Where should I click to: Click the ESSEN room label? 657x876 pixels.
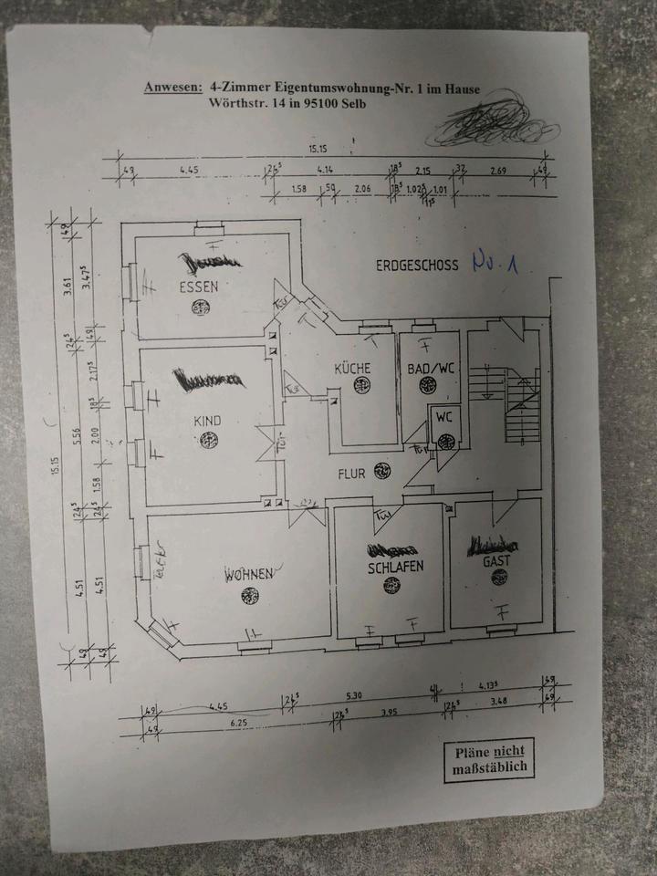(198, 287)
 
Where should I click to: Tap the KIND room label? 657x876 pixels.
(208, 421)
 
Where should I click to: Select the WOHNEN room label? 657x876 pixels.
(249, 575)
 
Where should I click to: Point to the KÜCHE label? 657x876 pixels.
(352, 368)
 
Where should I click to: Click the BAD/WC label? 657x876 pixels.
(431, 369)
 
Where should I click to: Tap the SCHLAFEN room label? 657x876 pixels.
(389, 566)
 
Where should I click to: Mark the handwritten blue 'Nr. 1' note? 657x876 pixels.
(496, 264)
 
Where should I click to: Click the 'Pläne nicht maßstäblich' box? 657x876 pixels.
(489, 760)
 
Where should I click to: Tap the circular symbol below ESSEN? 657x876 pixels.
(199, 308)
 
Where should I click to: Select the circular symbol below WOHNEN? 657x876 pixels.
(249, 596)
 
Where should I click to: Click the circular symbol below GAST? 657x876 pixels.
(498, 578)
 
